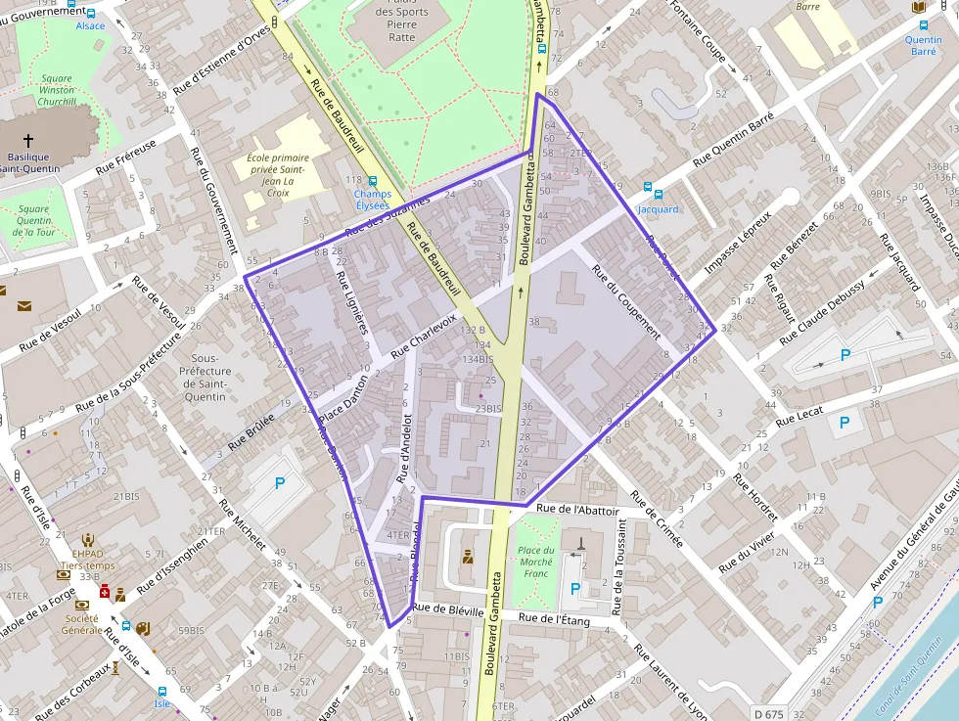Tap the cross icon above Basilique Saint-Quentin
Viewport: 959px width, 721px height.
[28, 140]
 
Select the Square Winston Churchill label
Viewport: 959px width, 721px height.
[57, 90]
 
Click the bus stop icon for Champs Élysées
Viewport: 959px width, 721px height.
[372, 181]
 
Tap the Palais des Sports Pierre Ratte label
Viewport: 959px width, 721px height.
[401, 24]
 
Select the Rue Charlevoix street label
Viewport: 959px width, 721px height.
[424, 335]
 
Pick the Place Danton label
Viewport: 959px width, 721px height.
[343, 400]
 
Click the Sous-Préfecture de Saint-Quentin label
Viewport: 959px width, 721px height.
[205, 378]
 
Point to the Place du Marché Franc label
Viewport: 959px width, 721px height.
[535, 562]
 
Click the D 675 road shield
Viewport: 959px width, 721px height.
[769, 713]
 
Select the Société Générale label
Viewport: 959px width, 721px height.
[82, 624]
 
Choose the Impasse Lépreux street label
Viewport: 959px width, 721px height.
[738, 242]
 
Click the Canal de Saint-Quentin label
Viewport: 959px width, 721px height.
[903, 675]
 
